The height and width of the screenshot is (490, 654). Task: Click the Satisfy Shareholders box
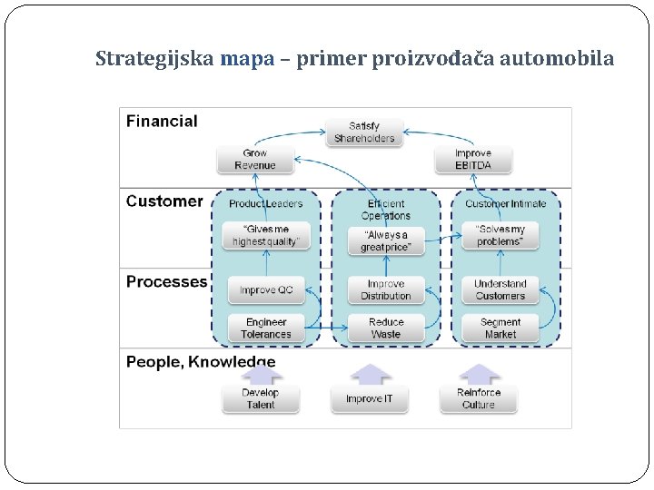pos(364,132)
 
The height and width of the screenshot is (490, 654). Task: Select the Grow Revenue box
pos(254,160)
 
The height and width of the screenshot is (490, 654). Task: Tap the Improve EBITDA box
pos(472,160)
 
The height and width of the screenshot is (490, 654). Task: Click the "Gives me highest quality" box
pos(265,236)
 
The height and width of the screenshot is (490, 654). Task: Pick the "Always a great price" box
pos(385,240)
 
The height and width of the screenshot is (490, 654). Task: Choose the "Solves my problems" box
pos(500,236)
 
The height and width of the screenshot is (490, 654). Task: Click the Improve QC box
pos(265,290)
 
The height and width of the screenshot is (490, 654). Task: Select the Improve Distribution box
pos(385,290)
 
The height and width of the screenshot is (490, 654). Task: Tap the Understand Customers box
pos(500,290)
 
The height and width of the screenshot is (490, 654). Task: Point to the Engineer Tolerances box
pos(265,328)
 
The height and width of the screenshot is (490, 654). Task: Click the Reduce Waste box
pos(385,328)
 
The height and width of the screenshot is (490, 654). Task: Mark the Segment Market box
pos(500,328)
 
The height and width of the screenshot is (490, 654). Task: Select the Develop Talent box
pos(260,399)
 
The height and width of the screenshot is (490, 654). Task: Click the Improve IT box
pos(370,399)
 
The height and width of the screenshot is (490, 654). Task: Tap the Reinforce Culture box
pos(478,399)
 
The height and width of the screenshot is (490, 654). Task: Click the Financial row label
pos(162,122)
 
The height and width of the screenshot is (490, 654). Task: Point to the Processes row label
pos(166,282)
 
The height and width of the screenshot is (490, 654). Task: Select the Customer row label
pos(164,201)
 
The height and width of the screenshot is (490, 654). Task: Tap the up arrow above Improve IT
pos(370,374)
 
